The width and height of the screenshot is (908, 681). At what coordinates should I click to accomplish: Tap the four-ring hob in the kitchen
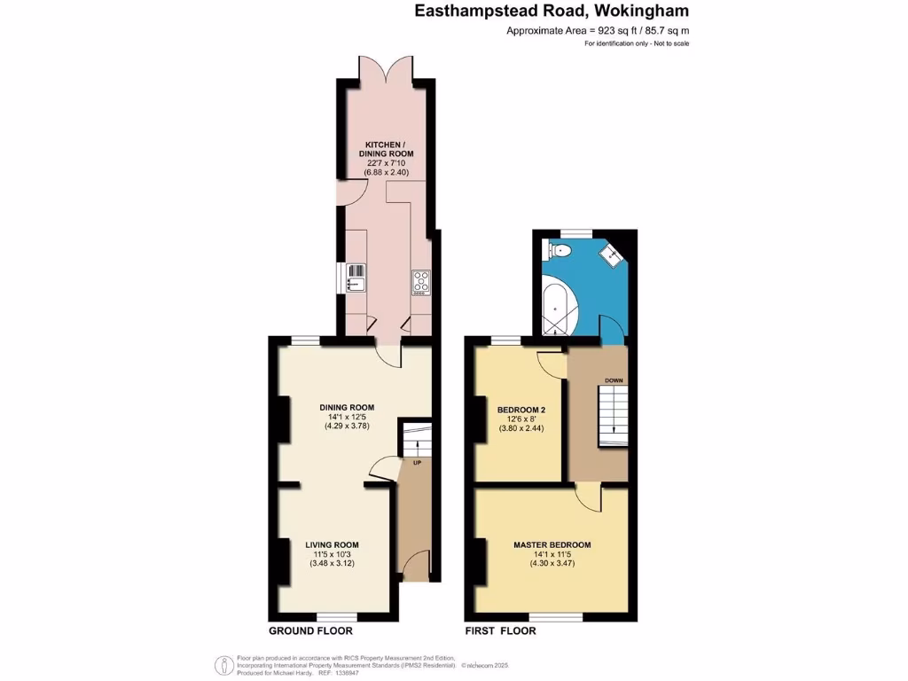(420, 281)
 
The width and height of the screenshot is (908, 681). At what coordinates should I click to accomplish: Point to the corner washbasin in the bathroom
(612, 257)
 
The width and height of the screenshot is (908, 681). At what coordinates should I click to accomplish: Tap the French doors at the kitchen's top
(386, 69)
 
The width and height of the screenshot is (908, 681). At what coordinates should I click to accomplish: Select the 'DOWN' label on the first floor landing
(614, 380)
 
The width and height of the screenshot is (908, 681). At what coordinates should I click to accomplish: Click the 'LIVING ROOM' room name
(333, 544)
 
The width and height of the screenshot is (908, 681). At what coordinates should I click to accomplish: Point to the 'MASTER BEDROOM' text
(552, 544)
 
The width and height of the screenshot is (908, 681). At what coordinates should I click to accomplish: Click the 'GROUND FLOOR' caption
(310, 631)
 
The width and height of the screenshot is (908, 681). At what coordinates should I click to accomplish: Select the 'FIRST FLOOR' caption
(500, 631)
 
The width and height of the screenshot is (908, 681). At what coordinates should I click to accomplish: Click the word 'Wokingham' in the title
(642, 12)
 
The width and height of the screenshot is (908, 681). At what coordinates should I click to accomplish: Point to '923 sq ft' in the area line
(613, 31)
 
